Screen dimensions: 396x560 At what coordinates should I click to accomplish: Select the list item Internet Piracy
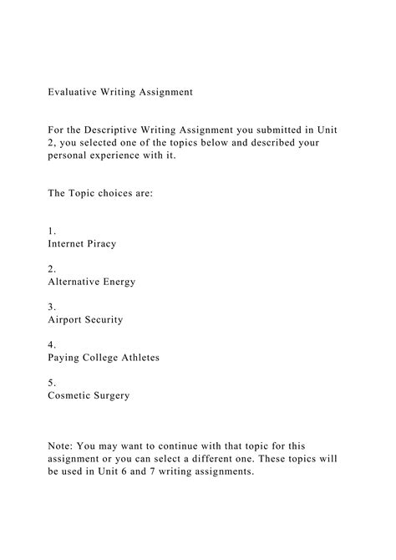tap(82, 244)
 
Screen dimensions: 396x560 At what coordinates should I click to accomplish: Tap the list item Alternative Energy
tap(91, 282)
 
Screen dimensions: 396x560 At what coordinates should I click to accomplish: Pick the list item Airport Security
tap(86, 319)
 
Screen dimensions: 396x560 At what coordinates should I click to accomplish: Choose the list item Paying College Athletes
tap(103, 358)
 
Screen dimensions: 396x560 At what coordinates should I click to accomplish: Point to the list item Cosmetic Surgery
tap(89, 395)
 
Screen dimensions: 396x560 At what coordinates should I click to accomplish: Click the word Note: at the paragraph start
tap(63, 446)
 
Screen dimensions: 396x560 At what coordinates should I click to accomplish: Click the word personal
tap(69, 155)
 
